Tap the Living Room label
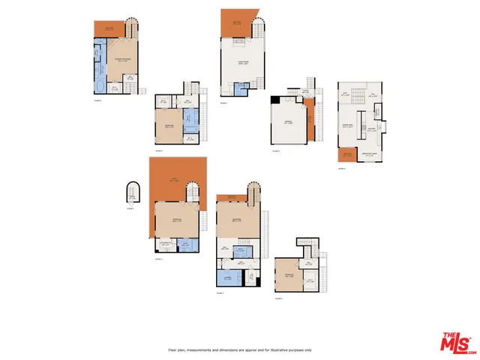point(243,64)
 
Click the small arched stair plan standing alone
point(132,194)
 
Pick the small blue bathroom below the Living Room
point(241,89)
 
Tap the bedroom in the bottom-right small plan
point(289,277)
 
